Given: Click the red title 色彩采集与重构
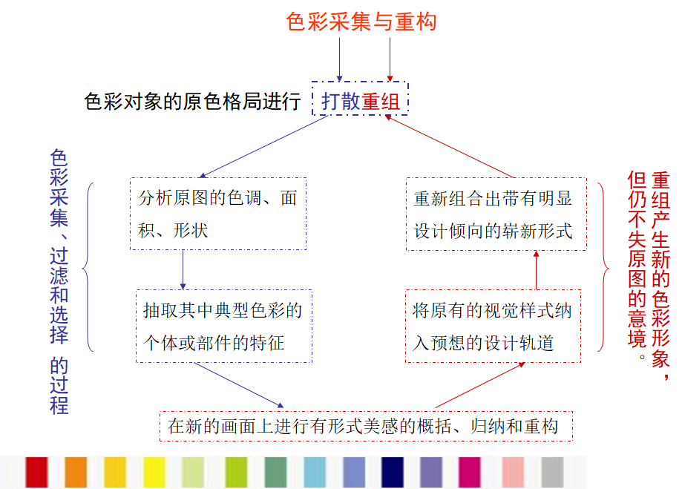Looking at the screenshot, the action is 361,21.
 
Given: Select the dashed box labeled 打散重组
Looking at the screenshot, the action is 361,99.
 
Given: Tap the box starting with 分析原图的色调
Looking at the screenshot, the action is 217,214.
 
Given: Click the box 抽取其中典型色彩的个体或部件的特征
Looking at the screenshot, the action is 223,326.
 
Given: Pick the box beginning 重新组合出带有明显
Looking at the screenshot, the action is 496,214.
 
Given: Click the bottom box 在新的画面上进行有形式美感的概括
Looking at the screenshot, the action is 366,426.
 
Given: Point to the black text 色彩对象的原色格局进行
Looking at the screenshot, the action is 193,101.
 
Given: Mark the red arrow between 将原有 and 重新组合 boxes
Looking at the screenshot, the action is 536,270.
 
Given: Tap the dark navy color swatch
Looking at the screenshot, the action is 393,472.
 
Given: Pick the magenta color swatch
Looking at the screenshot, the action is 470,472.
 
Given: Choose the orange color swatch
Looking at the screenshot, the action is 76,472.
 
